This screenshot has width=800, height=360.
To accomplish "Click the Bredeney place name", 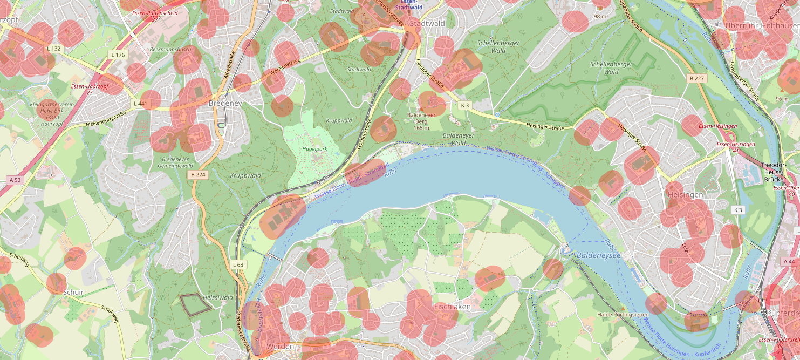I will coord(225,103).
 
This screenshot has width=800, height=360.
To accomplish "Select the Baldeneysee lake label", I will coord(599,254).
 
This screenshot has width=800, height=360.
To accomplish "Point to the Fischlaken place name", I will coord(452,307).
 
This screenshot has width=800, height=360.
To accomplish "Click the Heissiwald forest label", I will coord(218,297).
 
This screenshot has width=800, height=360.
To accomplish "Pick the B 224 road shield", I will coord(199,175).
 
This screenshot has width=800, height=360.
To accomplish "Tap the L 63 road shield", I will coord(238,264).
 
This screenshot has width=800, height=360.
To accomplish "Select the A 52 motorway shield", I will coord(15,179).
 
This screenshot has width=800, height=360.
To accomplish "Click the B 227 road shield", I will coord(696,78).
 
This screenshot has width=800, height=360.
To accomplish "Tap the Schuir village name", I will coord(73,292).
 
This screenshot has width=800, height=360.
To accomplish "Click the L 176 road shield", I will coord(118,55).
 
